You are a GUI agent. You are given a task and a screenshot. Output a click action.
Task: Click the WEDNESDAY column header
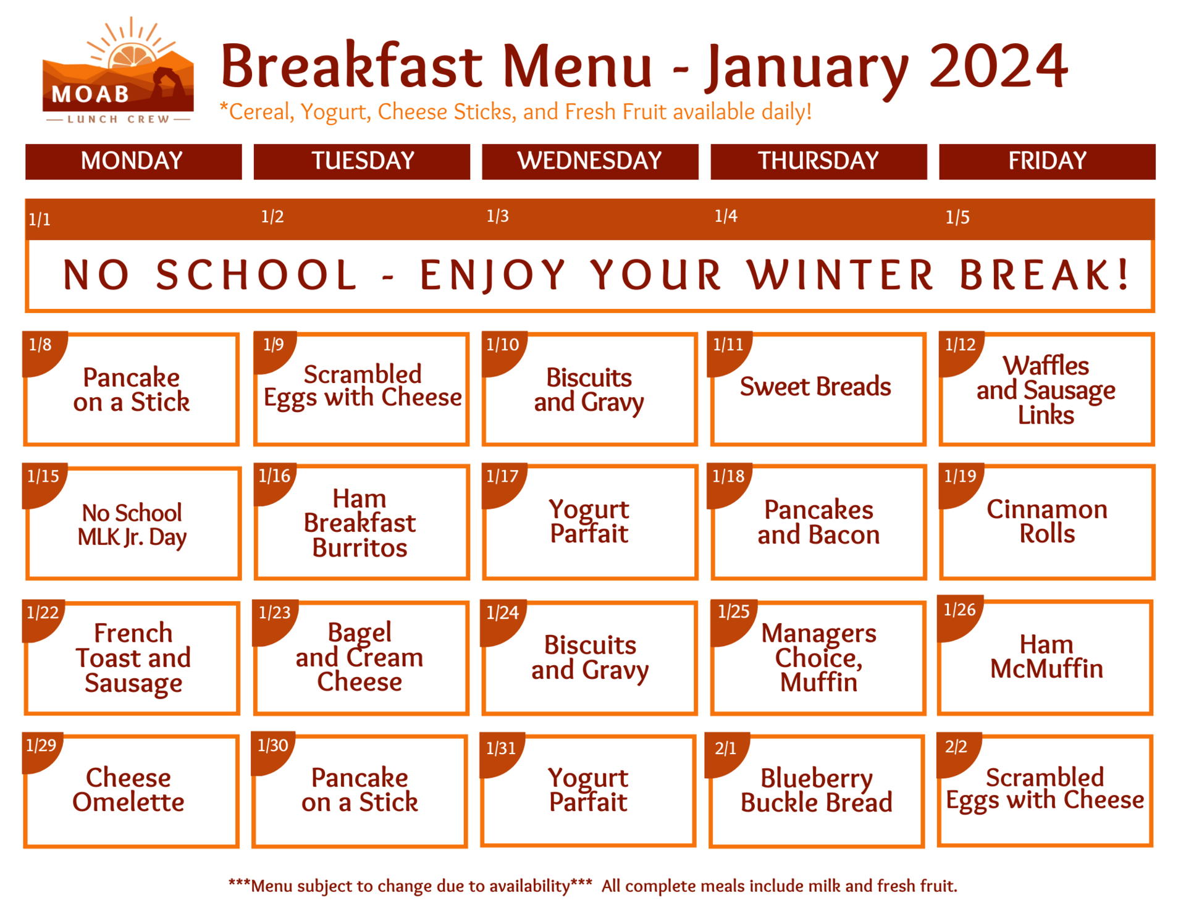[x=589, y=161]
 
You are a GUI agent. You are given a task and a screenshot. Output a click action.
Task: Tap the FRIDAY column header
[x=1046, y=161]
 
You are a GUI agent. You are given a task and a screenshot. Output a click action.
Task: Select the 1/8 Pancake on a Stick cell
[x=131, y=390]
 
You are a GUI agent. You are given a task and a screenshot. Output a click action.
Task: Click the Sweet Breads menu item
[x=815, y=387]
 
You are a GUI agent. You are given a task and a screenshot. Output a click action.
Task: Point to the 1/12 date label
[x=960, y=345]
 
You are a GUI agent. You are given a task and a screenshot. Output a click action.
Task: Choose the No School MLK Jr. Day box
[x=132, y=524]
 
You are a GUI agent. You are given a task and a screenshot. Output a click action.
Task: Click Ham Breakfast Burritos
[x=360, y=523]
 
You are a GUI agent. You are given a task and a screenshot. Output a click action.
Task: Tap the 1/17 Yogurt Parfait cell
[x=589, y=522]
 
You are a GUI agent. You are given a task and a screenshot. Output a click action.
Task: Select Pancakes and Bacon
[x=818, y=523]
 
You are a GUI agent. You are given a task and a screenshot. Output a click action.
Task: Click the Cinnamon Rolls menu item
[x=1046, y=521]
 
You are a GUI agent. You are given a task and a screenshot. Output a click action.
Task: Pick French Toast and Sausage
[x=133, y=658]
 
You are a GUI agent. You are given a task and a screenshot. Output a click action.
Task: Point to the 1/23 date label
[x=274, y=613]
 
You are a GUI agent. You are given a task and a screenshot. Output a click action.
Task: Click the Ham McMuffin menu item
[x=1046, y=657]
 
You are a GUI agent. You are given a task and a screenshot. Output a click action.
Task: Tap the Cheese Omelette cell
[x=128, y=790]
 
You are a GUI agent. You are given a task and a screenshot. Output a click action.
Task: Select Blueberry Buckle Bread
[x=816, y=791]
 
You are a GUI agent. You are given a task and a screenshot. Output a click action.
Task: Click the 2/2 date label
[x=956, y=747]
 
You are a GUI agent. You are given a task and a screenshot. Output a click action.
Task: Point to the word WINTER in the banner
[x=840, y=275]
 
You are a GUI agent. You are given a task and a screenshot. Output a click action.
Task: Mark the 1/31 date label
[x=500, y=749]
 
